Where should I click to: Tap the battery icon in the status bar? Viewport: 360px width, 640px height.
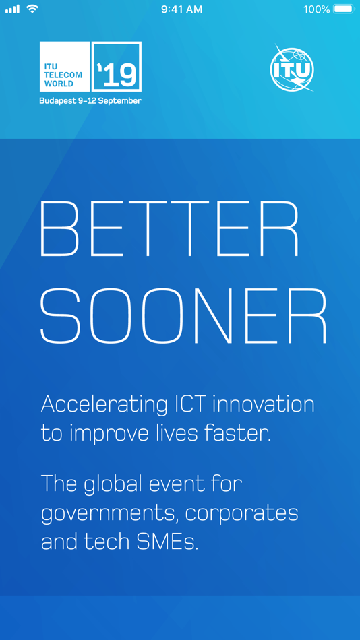pyautogui.click(x=343, y=9)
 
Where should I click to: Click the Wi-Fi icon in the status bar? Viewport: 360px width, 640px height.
pyautogui.click(x=32, y=9)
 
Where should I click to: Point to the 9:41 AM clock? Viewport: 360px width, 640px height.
pyautogui.click(x=181, y=9)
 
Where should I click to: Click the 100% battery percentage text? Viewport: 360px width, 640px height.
pyautogui.click(x=316, y=9)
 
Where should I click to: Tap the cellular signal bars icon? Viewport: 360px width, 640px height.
pyautogui.click(x=12, y=9)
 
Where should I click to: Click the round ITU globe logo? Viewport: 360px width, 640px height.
pyautogui.click(x=292, y=69)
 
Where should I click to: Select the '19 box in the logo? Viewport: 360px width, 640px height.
pyautogui.click(x=117, y=67)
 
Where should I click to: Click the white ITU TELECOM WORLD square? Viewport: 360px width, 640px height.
pyautogui.click(x=64, y=67)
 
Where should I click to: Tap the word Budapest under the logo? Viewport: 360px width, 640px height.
pyautogui.click(x=57, y=101)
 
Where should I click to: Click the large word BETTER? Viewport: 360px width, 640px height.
pyautogui.click(x=169, y=229)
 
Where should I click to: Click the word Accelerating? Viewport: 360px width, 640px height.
pyautogui.click(x=104, y=405)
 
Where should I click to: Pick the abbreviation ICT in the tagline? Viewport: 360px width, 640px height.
pyautogui.click(x=191, y=404)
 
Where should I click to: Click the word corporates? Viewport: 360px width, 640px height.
pyautogui.click(x=241, y=513)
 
